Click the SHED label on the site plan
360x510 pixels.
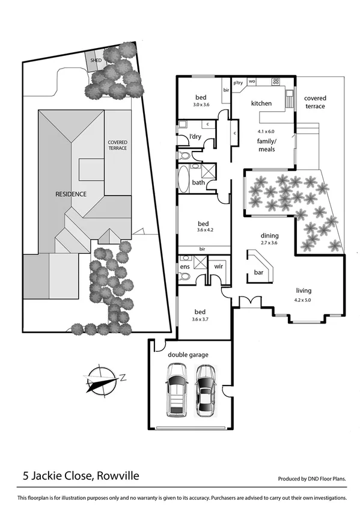point(96,61)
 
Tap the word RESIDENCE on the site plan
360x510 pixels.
point(72,194)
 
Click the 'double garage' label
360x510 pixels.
point(188,355)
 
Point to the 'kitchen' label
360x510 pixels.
point(261,103)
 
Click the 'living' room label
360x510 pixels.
point(304,291)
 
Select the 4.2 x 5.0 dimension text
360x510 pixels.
point(303,300)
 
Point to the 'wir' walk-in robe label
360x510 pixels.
point(219,265)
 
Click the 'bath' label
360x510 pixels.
point(198,182)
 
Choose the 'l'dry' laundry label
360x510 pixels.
point(195,137)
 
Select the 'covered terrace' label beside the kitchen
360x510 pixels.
point(314,102)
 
